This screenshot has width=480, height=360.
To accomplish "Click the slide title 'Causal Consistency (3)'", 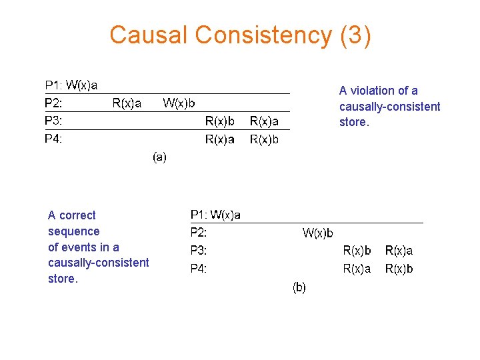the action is (x=240, y=35).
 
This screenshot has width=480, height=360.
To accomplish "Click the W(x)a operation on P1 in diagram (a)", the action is (x=82, y=85).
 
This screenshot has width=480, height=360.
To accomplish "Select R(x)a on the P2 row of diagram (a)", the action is (x=127, y=103).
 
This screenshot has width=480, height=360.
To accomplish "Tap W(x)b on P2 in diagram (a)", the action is (x=179, y=103).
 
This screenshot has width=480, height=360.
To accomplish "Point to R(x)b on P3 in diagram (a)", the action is (x=219, y=121).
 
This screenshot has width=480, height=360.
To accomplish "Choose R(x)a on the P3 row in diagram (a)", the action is (x=264, y=121).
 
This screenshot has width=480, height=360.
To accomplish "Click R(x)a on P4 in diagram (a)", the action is (x=219, y=139).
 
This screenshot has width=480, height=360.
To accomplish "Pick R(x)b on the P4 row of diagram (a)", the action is (x=264, y=139).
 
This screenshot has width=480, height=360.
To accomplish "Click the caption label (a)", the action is (x=159, y=157).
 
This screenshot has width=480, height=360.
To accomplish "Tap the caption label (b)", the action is (x=299, y=287).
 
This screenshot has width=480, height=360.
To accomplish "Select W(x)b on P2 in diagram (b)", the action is (x=318, y=233).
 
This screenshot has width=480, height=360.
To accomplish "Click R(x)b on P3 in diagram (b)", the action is (x=357, y=251).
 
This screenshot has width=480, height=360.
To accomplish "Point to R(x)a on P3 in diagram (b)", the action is (x=399, y=251).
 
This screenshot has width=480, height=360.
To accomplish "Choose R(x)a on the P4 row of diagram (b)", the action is (x=357, y=269).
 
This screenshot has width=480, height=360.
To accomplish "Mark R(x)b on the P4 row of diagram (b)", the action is (x=399, y=269).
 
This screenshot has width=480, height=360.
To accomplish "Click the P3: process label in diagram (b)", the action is (x=199, y=251).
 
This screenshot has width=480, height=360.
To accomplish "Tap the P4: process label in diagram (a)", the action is (x=53, y=139).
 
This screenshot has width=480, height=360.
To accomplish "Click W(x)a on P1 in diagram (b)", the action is (x=226, y=215).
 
